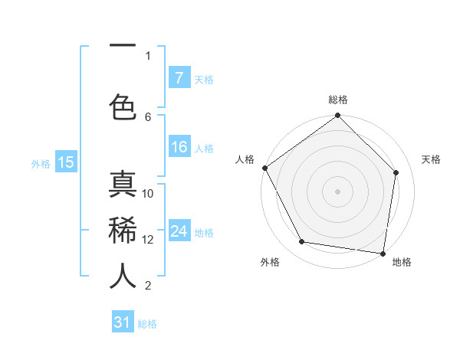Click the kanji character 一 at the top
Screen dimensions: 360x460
(123, 47)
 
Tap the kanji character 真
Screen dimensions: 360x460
(123, 188)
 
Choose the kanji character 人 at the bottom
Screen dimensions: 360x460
(123, 276)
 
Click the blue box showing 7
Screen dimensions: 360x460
(179, 77)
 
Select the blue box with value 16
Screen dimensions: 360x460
(179, 148)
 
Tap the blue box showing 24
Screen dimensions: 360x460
(179, 231)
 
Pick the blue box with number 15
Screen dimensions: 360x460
(65, 162)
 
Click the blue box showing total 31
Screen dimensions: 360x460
(123, 322)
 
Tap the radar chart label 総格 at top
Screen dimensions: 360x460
(338, 100)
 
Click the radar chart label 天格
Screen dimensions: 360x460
(432, 159)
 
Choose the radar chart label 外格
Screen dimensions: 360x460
(270, 262)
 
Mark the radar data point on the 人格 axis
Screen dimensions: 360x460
(265, 168)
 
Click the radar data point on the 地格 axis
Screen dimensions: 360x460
(383, 253)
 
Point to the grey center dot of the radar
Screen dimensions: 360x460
(338, 191)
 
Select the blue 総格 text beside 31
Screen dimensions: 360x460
(147, 324)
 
